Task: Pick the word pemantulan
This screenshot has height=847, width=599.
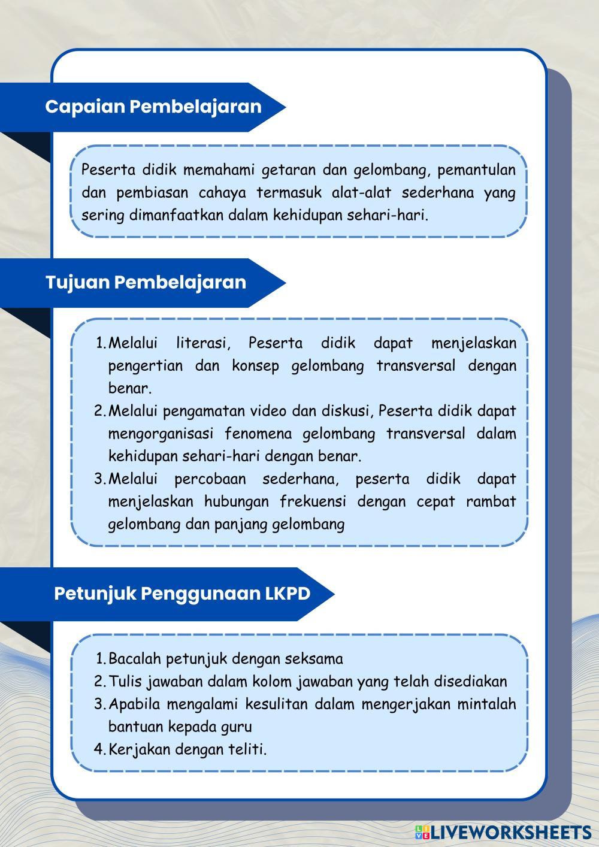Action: [476, 170]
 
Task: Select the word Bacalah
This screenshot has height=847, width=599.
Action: [135, 659]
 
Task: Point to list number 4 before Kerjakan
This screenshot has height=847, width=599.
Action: [99, 749]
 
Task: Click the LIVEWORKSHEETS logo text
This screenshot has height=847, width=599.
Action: [509, 831]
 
